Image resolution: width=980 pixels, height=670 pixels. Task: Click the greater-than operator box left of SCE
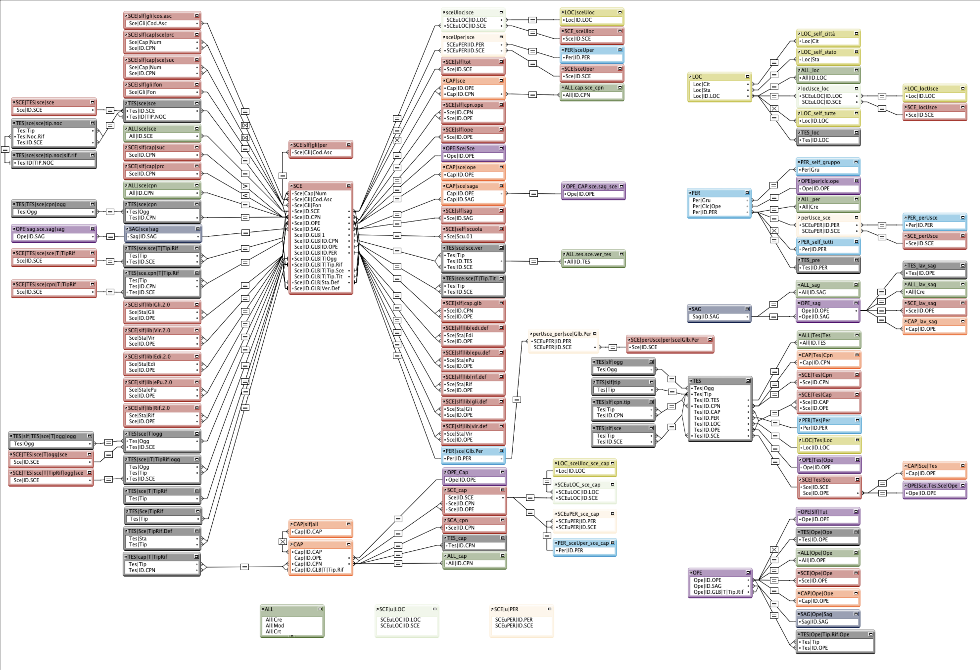[245, 186]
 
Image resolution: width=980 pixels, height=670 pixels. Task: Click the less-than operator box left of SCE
[245, 196]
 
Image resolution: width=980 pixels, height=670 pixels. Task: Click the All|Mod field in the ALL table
[275, 625]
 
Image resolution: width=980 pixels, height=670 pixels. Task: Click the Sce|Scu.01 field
[460, 236]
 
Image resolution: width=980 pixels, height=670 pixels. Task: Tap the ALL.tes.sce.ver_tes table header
[588, 254]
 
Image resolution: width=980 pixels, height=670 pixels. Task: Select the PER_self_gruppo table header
[820, 162]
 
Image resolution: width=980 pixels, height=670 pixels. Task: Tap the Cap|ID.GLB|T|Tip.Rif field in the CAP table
[319, 570]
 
